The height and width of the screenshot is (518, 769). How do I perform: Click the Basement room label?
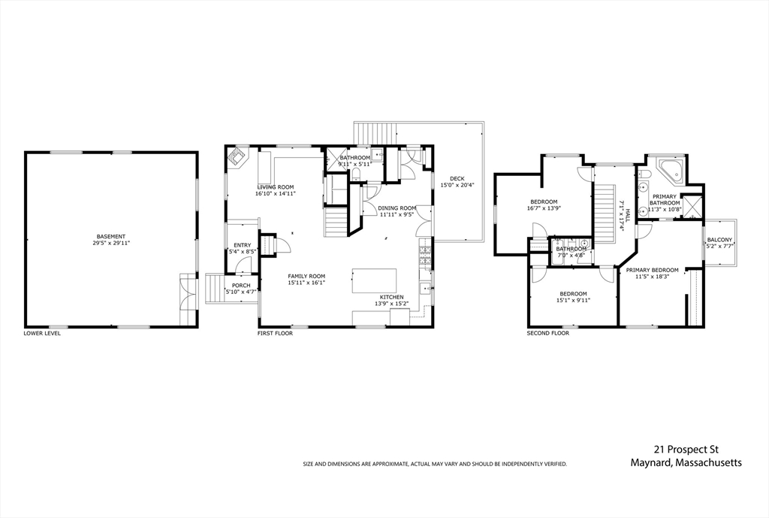pyautogui.click(x=111, y=236)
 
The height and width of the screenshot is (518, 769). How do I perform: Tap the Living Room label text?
pyautogui.click(x=276, y=187)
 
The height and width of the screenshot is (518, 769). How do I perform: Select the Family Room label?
pyautogui.click(x=306, y=277)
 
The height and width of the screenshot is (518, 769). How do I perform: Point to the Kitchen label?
pyautogui.click(x=392, y=297)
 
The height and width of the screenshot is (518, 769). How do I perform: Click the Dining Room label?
pyautogui.click(x=397, y=208)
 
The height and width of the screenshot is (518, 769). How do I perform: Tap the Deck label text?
pyautogui.click(x=457, y=179)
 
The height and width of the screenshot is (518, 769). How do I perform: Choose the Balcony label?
pyautogui.click(x=719, y=240)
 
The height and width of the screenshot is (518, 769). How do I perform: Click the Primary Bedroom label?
pyautogui.click(x=653, y=270)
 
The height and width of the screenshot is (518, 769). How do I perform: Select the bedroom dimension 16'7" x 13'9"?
pyautogui.click(x=544, y=208)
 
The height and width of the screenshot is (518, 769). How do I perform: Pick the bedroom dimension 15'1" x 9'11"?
pyautogui.click(x=573, y=301)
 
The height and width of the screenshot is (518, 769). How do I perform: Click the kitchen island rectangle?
pyautogui.click(x=375, y=281)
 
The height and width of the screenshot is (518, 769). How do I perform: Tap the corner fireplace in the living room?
pyautogui.click(x=238, y=157)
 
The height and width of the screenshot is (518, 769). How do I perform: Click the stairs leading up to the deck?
pyautogui.click(x=375, y=134)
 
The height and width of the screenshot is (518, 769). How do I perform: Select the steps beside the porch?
pyautogui.click(x=215, y=289)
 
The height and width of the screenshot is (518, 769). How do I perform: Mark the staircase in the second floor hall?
pyautogui.click(x=605, y=213)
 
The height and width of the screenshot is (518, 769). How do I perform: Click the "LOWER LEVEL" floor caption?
pyautogui.click(x=42, y=333)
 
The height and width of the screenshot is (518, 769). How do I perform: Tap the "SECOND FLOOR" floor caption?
pyautogui.click(x=547, y=333)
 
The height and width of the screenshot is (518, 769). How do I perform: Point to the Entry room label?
pyautogui.click(x=243, y=246)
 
